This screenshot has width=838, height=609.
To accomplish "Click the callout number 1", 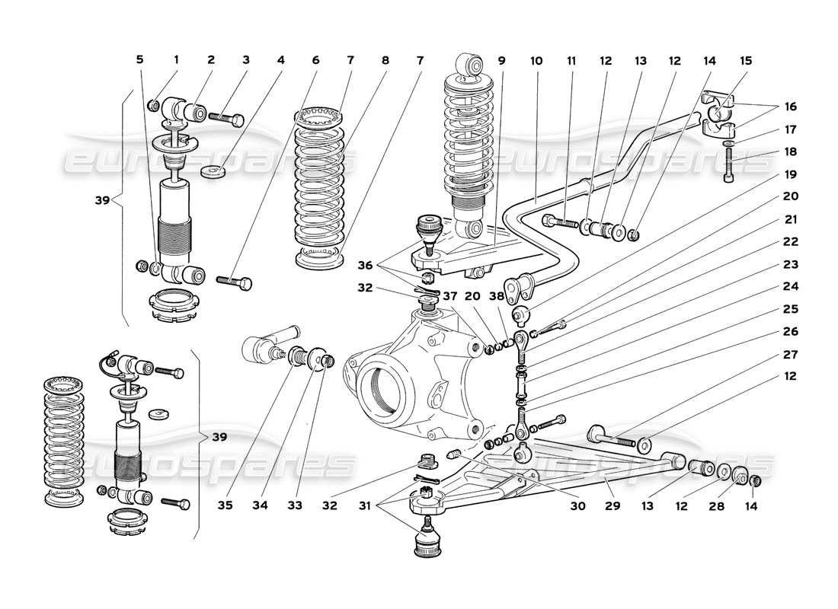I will pos(176,59).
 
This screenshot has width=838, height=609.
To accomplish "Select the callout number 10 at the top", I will pos(536,59).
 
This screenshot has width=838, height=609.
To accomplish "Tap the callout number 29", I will pos(606,505).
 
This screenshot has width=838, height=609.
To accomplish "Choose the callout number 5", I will pos(139,59).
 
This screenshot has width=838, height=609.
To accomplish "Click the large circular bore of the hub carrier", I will pos(379,391).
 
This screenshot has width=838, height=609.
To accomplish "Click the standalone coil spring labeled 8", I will pos(320,190).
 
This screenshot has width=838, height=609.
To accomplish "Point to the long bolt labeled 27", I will pos(613,437).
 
